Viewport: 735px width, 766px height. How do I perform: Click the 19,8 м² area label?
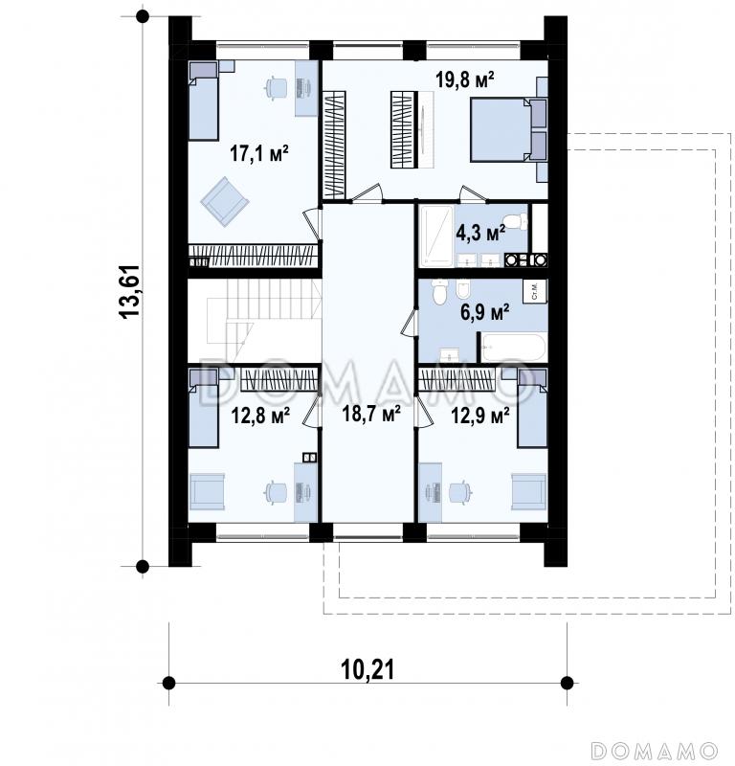pyautogui.click(x=464, y=79)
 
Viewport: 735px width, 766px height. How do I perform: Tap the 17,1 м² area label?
pyautogui.click(x=258, y=153)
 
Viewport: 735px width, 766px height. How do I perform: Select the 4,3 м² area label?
pyautogui.click(x=480, y=233)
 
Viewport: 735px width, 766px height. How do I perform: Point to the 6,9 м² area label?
pyautogui.click(x=485, y=311)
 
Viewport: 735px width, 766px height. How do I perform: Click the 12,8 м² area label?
pyautogui.click(x=260, y=416)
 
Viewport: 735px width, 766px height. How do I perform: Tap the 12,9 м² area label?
pyautogui.click(x=480, y=416)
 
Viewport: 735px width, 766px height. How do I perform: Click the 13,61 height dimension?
pyautogui.click(x=130, y=292)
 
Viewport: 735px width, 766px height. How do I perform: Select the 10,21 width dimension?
pyautogui.click(x=367, y=669)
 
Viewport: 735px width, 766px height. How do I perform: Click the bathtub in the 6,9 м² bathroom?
pyautogui.click(x=514, y=348)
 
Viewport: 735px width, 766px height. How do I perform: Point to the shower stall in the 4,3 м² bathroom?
pyautogui.click(x=437, y=237)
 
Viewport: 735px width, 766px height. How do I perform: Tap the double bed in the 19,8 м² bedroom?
pyautogui.click(x=508, y=129)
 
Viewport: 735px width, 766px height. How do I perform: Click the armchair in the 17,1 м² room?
pyautogui.click(x=225, y=201)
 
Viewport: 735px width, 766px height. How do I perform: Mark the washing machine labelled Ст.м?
pyautogui.click(x=535, y=292)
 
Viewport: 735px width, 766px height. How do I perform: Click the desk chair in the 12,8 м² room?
pyautogui.click(x=273, y=491)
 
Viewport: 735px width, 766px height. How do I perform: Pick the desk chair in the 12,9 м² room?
pyautogui.click(x=459, y=491)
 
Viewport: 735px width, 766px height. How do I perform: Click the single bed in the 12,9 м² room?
pyautogui.click(x=532, y=408)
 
